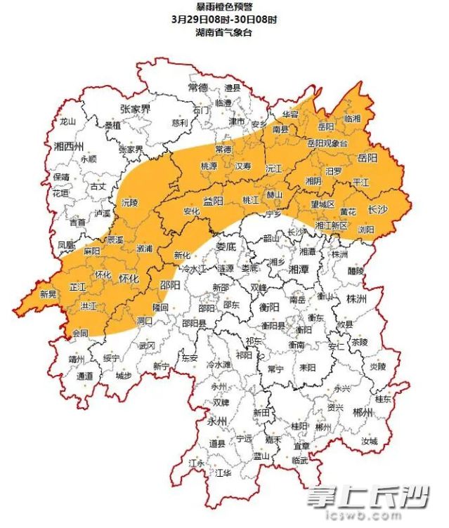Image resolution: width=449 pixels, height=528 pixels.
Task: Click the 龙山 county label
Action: (67, 121)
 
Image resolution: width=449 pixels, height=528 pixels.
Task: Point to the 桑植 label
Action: (112, 125)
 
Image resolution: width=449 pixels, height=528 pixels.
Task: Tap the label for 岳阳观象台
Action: (327, 143)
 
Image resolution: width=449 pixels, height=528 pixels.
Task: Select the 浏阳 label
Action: (366, 229)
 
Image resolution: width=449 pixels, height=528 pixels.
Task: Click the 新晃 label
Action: (48, 294)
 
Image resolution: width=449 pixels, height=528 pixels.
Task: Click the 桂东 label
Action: (383, 398)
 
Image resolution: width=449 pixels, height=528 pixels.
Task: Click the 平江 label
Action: (360, 181)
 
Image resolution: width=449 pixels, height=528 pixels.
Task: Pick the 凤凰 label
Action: (65, 245)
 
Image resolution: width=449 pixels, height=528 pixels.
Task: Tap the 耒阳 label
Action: (306, 367)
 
